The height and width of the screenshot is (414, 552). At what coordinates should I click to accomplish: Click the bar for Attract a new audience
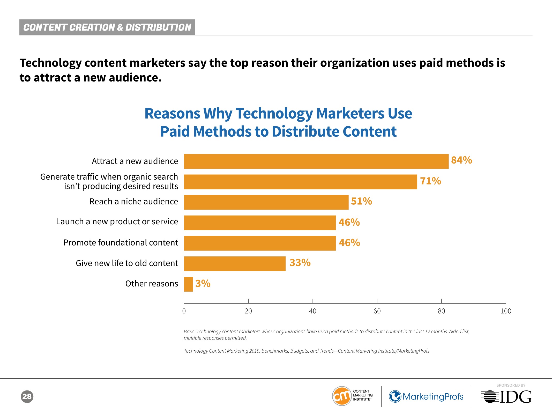click(316, 161)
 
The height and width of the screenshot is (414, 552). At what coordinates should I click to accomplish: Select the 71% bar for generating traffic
click(300, 182)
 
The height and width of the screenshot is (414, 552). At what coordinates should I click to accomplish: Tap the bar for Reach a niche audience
click(266, 202)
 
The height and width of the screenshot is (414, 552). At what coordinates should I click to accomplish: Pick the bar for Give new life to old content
click(235, 264)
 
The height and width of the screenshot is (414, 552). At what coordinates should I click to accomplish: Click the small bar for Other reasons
click(188, 284)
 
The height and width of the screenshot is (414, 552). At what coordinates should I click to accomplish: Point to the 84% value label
click(461, 160)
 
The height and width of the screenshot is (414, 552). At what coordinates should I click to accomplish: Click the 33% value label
click(300, 263)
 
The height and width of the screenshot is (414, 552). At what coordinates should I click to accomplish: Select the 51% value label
click(361, 201)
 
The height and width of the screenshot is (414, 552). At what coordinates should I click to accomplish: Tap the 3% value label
click(203, 284)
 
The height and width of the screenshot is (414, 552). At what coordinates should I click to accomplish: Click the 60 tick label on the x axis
click(377, 311)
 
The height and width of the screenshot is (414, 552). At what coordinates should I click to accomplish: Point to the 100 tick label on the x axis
click(506, 311)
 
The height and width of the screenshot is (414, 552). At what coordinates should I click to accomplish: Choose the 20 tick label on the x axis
click(248, 311)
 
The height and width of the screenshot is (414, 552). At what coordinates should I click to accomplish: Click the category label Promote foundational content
click(121, 243)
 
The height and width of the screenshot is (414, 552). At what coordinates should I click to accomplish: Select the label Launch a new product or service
click(117, 222)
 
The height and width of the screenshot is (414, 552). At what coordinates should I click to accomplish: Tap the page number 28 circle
click(27, 396)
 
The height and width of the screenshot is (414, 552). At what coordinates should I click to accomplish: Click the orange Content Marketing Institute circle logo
click(342, 396)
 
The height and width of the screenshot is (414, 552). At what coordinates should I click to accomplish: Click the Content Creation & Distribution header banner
click(107, 27)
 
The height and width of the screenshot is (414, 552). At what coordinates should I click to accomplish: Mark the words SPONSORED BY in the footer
click(511, 385)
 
